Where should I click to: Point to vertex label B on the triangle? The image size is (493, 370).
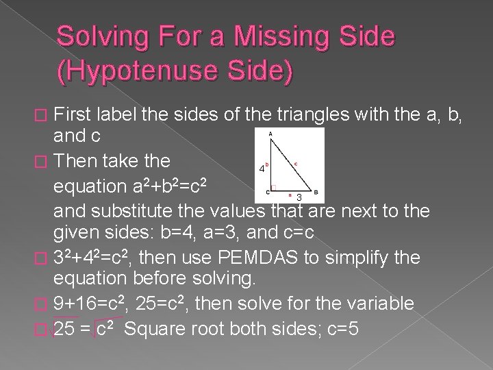tap(316, 193)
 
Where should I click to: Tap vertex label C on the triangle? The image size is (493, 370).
tap(268, 193)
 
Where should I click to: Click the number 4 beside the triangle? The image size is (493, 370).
tap(262, 169)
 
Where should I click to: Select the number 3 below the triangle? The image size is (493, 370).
tap(299, 197)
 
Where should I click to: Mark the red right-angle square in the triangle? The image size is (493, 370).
tap(273, 187)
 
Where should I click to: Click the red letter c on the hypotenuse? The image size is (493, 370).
tap(295, 164)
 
